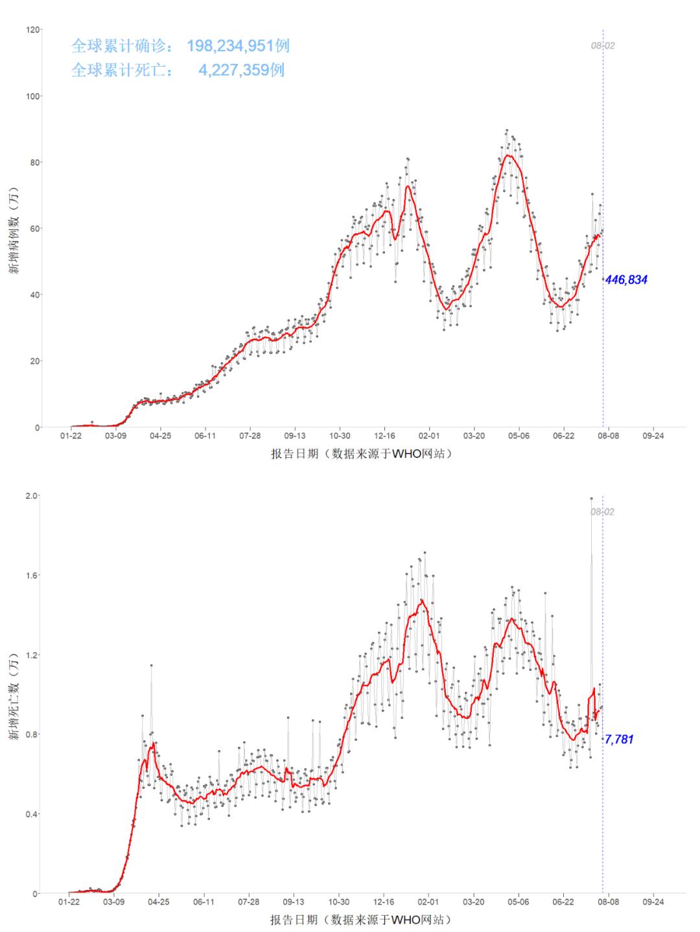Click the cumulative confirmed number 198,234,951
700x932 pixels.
point(238,46)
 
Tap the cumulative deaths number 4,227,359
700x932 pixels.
point(241,70)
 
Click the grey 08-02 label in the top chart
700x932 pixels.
point(602,46)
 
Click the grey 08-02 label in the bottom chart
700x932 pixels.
point(602,512)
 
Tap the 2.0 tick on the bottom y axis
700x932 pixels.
point(32,495)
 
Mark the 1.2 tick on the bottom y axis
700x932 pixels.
point(32,655)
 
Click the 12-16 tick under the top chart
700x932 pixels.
point(384,436)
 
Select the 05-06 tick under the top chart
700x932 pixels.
point(519,436)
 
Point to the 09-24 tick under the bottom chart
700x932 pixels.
point(653,902)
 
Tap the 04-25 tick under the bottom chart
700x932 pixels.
point(159,902)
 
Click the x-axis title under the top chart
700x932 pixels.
point(361,454)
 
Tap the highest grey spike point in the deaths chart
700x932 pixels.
point(591,498)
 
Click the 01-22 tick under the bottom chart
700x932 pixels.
point(70,902)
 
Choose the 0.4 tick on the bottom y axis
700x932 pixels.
point(32,813)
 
